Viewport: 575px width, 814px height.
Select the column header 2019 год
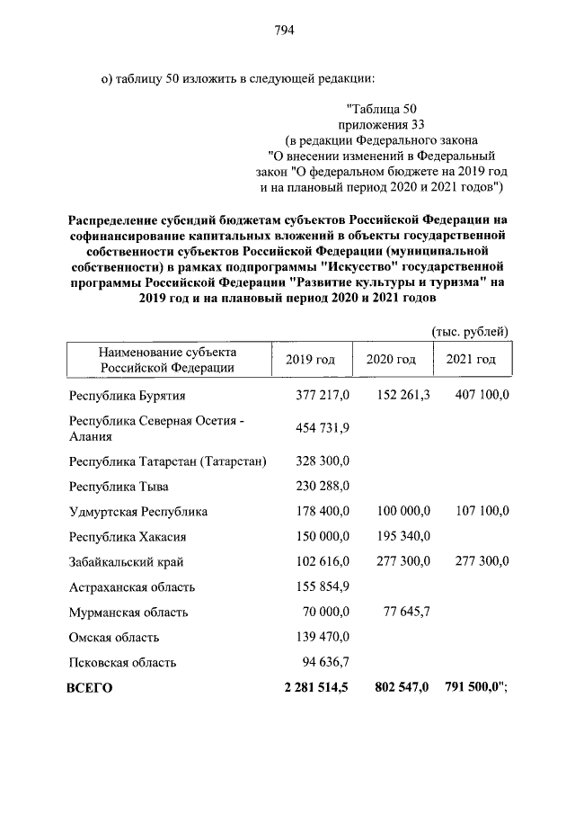pyautogui.click(x=310, y=360)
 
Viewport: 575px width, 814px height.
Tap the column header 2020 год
pyautogui.click(x=391, y=360)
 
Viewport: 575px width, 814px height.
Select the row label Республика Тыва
pyautogui.click(x=119, y=486)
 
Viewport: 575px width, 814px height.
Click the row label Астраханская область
pyautogui.click(x=132, y=587)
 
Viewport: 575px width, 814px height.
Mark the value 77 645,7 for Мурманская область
pyautogui.click(x=407, y=613)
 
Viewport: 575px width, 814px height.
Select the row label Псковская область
pyautogui.click(x=123, y=663)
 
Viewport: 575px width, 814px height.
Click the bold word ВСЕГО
pyautogui.click(x=90, y=688)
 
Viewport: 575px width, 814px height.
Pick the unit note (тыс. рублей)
pyautogui.click(x=470, y=331)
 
